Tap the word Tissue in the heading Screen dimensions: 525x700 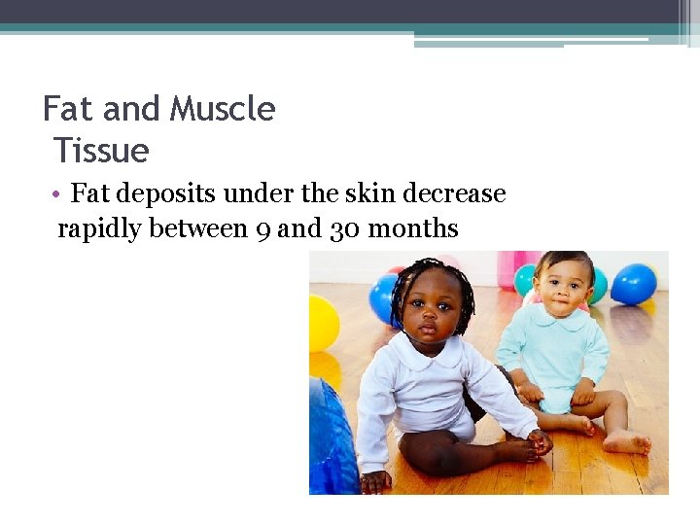tap(101, 151)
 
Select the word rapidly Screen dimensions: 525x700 tap(102, 228)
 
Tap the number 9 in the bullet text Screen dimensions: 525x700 tap(262, 229)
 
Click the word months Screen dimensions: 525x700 tap(408, 229)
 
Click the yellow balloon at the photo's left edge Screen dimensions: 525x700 tap(322, 323)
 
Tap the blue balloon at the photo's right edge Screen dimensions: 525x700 tap(633, 284)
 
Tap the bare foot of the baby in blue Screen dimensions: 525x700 tap(626, 442)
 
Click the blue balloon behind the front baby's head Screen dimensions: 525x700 tap(385, 296)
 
